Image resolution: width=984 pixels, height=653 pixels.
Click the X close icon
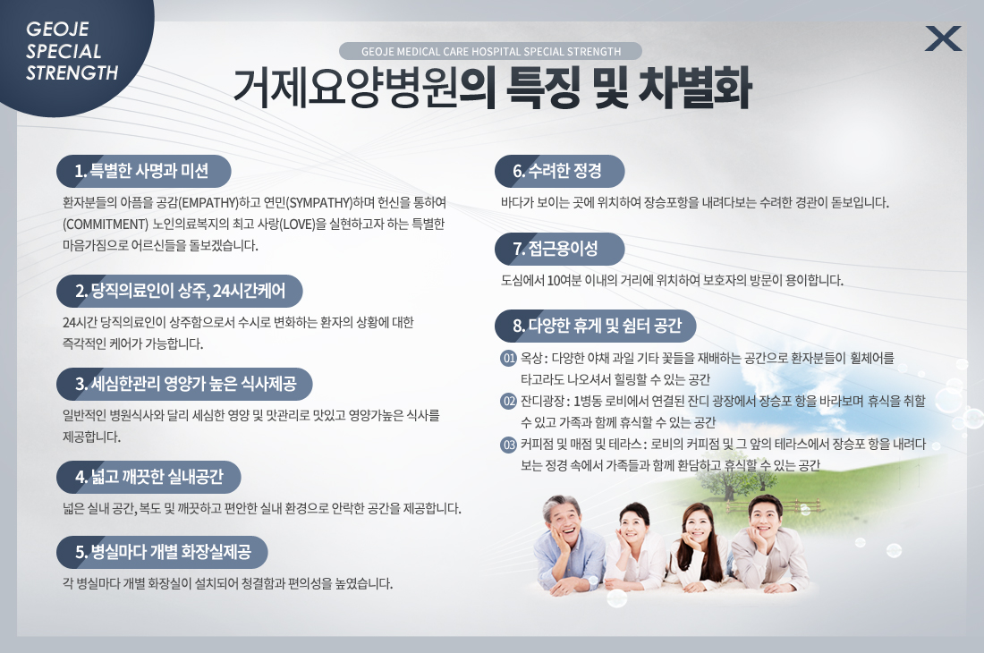(943, 38)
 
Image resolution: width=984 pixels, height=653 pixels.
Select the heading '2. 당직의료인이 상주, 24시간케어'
(180, 291)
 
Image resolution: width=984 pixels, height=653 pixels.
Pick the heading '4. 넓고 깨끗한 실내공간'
(148, 477)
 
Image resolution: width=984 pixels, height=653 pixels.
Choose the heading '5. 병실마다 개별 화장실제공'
(162, 552)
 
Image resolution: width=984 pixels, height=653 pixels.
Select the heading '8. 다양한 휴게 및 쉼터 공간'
(596, 326)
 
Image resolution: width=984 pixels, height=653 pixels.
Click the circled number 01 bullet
(508, 358)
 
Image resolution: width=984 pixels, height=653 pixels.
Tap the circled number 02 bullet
(508, 401)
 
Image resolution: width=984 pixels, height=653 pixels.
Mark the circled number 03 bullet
(508, 445)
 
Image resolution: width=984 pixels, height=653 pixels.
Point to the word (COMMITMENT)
(106, 224)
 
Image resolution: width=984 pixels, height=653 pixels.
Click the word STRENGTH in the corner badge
(72, 73)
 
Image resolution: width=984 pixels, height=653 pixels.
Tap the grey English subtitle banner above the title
(490, 51)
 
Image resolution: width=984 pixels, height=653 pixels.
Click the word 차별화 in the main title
(695, 88)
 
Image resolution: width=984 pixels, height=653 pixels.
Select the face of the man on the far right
(767, 520)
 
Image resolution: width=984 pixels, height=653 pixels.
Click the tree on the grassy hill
(730, 483)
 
